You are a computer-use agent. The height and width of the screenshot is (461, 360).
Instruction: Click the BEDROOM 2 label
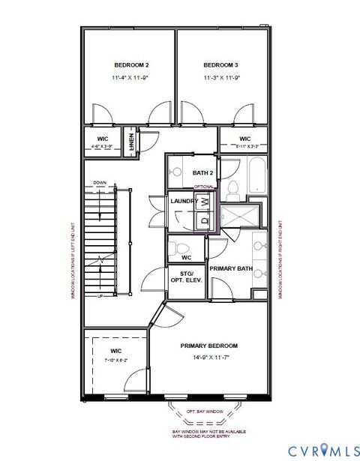coord(128,64)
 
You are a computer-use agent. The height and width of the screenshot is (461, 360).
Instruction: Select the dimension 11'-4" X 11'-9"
coord(128,78)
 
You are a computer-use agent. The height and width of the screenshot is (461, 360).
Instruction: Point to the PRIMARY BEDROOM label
coord(208,346)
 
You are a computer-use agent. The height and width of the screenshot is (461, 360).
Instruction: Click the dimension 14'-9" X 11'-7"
coord(208,358)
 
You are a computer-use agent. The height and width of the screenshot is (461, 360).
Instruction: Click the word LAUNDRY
coord(183,202)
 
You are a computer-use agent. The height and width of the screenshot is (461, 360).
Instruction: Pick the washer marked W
coord(203,202)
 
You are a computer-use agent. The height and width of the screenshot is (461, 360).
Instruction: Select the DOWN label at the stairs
coord(99,183)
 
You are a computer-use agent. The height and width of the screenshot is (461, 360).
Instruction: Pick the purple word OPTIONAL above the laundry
coord(204,187)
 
